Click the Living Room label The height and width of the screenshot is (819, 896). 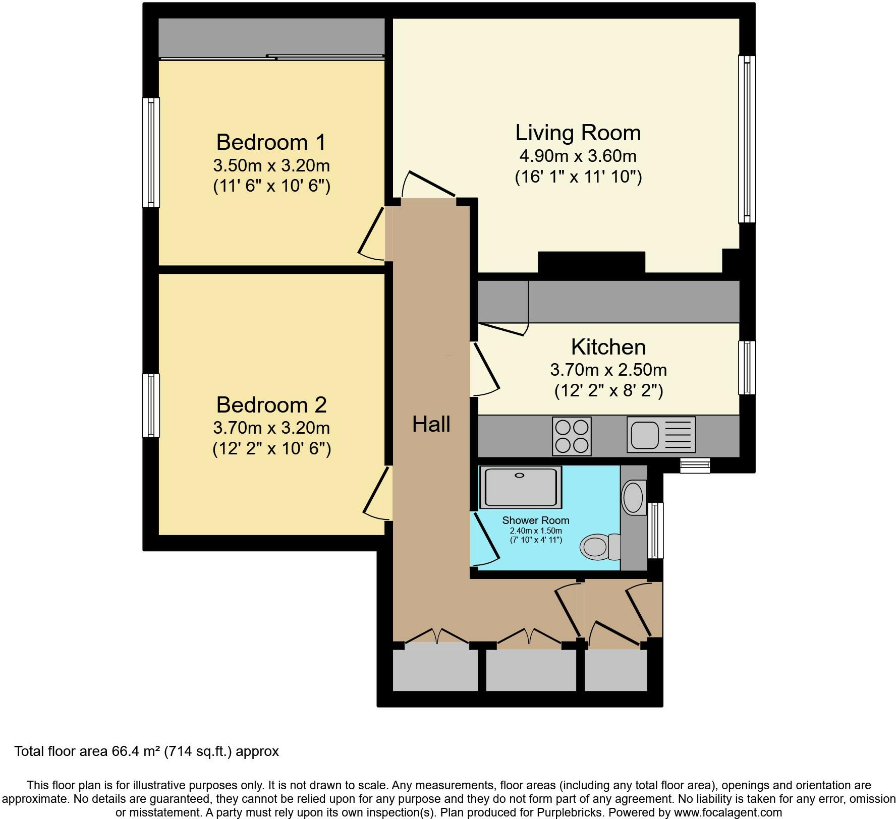pos(578,133)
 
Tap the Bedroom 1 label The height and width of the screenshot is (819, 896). pos(271,142)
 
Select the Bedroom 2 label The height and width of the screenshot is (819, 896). pos(271,405)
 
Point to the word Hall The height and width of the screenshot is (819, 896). pos(431,424)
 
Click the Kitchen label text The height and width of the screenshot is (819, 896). pos(608,347)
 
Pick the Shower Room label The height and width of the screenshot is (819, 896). pos(536,520)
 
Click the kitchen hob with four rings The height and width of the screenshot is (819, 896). pos(572,436)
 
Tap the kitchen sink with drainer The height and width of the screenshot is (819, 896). pos(661,435)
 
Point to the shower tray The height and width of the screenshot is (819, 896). pos(521,487)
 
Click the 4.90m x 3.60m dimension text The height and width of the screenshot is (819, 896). pos(578,156)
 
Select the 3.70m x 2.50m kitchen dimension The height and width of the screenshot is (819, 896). pos(608,370)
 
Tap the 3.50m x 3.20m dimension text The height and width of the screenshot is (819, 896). pos(271,165)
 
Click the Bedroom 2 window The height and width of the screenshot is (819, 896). pos(151,405)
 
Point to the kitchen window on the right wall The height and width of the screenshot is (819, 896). pos(747,368)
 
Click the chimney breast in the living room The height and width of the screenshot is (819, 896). pos(592,262)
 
